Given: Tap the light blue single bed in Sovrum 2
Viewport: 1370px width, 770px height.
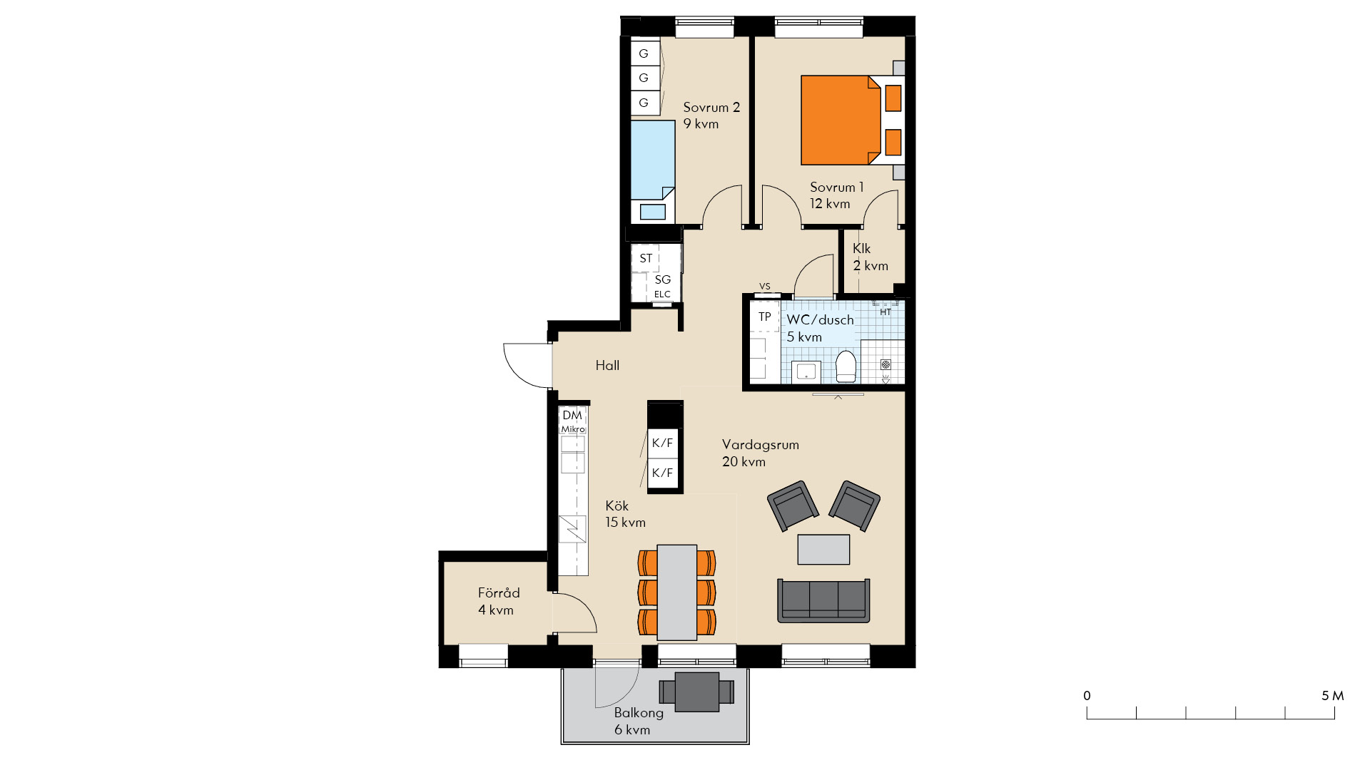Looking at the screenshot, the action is point(653,160).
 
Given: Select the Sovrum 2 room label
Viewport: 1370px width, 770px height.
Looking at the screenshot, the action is point(711,115).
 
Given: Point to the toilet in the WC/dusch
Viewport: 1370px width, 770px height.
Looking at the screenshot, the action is point(846,365).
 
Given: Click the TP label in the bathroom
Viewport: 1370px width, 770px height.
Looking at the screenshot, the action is point(765,317).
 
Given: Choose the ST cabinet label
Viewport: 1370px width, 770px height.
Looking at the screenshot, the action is point(646,258).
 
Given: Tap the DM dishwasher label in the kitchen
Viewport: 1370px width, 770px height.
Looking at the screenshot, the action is point(572,415).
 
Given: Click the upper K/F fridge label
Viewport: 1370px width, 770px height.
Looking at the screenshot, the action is point(662,443).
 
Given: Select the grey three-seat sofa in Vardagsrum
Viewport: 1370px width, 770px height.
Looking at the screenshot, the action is point(823,600).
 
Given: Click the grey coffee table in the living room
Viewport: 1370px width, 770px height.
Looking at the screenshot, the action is point(823,549).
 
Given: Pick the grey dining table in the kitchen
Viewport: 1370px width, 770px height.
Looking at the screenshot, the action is point(677,592).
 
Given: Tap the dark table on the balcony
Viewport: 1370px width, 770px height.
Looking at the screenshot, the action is point(697,692).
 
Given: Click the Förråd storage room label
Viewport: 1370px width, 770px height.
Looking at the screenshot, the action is point(498,601).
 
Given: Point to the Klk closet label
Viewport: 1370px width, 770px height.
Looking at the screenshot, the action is point(862,248).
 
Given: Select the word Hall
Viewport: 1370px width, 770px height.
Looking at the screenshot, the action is point(607,365).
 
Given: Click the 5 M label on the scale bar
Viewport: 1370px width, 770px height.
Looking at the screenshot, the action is point(1332,696).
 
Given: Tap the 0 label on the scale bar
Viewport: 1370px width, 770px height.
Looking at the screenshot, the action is point(1087,696).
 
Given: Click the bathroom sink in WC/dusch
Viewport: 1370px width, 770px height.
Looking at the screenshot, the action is point(806,371).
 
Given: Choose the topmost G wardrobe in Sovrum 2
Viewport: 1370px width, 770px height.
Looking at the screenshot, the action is point(644,53).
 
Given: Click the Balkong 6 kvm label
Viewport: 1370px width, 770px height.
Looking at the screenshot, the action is point(639,721).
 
